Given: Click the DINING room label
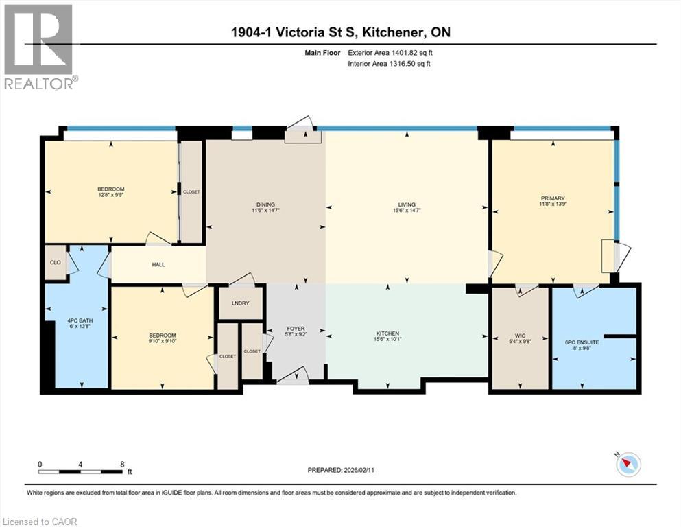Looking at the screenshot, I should click(x=265, y=204).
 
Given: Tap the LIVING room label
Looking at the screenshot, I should click(x=407, y=204).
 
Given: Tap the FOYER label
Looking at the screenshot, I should click(x=296, y=329).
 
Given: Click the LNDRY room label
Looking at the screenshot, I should click(x=240, y=303).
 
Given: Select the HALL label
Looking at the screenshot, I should click(x=158, y=264).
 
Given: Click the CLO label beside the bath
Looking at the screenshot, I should click(x=56, y=261).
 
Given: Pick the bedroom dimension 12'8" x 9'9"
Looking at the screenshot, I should click(x=110, y=196).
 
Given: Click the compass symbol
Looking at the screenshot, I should click(x=628, y=465).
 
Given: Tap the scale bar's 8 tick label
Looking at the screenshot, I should click(x=122, y=464).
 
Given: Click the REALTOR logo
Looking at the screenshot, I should click(x=40, y=47).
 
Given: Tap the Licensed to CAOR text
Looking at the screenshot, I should click(x=41, y=522).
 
